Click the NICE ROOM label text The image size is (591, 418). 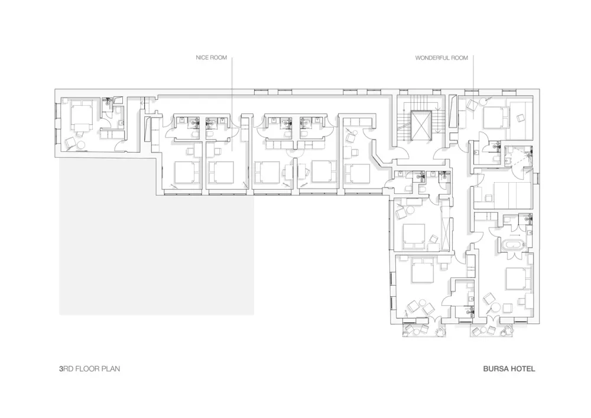[x=211, y=58]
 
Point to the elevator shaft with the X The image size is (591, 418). [x=422, y=124]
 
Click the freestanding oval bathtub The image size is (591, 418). [x=512, y=245]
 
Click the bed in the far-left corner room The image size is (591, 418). [x=80, y=115]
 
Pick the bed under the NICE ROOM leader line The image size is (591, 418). [x=220, y=172]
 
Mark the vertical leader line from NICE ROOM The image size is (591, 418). [x=232, y=101]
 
